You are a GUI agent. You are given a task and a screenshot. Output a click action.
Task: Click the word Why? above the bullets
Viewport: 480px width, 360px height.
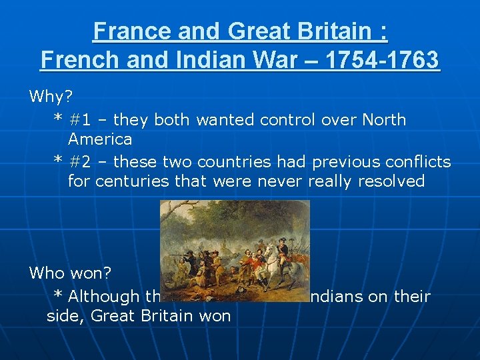click(50, 97)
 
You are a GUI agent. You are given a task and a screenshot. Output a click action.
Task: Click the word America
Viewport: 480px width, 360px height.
click(100, 139)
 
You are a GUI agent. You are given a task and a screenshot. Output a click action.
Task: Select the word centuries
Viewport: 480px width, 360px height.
click(132, 181)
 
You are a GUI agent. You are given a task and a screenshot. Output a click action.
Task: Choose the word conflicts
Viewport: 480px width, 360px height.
click(414, 162)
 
